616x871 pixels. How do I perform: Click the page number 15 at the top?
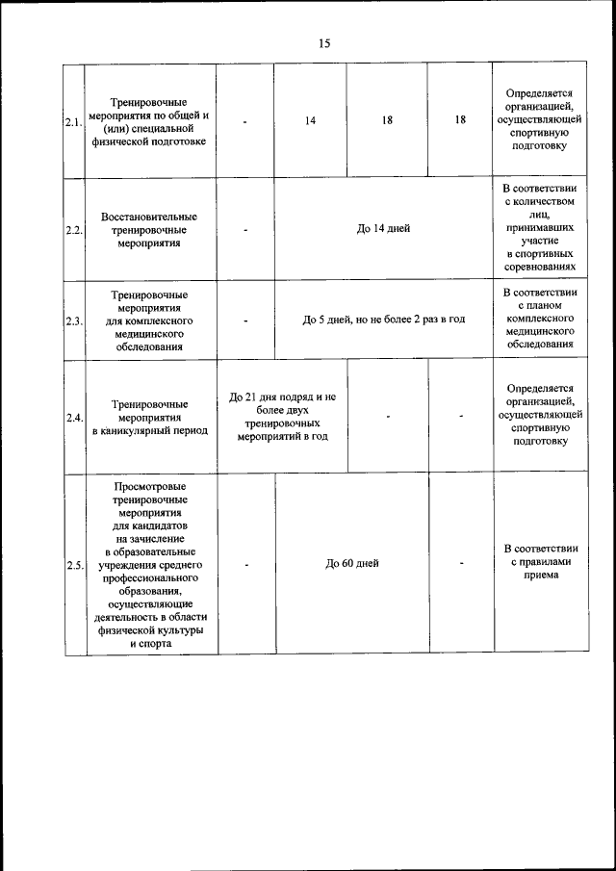pos(323,43)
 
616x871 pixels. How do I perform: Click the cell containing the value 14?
pos(310,120)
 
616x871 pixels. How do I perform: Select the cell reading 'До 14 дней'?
pos(383,229)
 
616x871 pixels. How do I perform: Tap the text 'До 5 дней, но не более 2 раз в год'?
pos(383,320)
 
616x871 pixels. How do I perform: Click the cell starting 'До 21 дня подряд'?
pos(282,416)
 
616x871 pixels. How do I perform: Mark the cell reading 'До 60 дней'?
pos(351,564)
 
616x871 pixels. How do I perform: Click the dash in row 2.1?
pos(245,121)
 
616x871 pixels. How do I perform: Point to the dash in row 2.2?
pos(245,230)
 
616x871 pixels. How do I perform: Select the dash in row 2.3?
pos(245,320)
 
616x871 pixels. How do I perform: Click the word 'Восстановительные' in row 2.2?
pos(149,217)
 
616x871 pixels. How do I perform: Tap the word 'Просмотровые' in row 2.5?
pos(149,487)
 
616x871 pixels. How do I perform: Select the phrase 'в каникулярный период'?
pos(149,431)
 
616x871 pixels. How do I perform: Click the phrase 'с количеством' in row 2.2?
pos(540,202)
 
